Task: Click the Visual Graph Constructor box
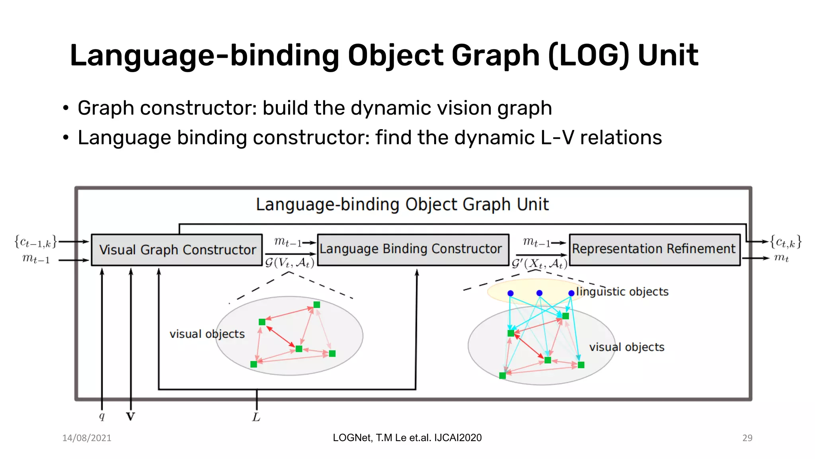[177, 250]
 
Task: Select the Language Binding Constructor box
[413, 249]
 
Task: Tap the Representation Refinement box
[655, 249]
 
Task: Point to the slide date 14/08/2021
[87, 438]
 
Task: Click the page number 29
[747, 438]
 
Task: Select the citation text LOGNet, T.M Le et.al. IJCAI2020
[407, 437]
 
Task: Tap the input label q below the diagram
[102, 416]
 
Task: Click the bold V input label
[131, 417]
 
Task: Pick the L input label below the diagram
[256, 417]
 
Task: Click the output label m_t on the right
[781, 258]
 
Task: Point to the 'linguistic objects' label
[622, 292]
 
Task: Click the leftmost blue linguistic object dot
[511, 293]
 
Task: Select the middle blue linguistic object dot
[539, 293]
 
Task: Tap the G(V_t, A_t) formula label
[290, 263]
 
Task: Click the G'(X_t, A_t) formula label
[539, 264]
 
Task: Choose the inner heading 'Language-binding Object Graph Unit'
[402, 204]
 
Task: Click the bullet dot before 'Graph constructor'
[66, 108]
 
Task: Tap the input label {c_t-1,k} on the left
[36, 242]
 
